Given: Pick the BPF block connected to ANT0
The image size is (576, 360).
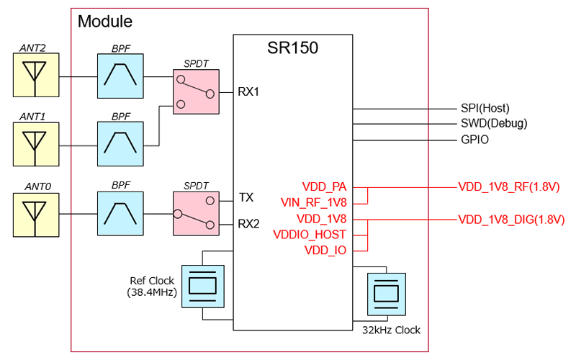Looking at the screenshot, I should point(121,213).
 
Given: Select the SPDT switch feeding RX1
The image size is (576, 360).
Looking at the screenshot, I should point(195,92).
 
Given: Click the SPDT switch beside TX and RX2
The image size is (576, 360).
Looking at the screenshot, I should point(195,213).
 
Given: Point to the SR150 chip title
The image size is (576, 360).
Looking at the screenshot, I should point(292,49).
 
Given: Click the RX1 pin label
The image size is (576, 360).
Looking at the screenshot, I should point(248,92).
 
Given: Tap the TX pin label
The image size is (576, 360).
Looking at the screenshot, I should point(246,197).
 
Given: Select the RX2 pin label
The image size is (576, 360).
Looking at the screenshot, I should point(248,223).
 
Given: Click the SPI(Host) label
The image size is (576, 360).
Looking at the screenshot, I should point(485,108).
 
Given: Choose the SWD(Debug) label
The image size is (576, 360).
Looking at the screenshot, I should point(493,124).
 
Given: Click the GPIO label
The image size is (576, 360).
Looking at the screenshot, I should point(474,140).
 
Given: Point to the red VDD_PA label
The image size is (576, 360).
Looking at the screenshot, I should point(325,186).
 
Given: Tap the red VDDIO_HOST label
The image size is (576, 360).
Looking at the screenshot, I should point(310,234).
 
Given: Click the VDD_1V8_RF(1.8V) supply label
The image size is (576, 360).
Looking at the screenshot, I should point(508,186).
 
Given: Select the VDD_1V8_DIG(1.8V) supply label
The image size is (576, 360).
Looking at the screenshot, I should point(510,219).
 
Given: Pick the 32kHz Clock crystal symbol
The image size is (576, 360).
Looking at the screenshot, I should point(387,294).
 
